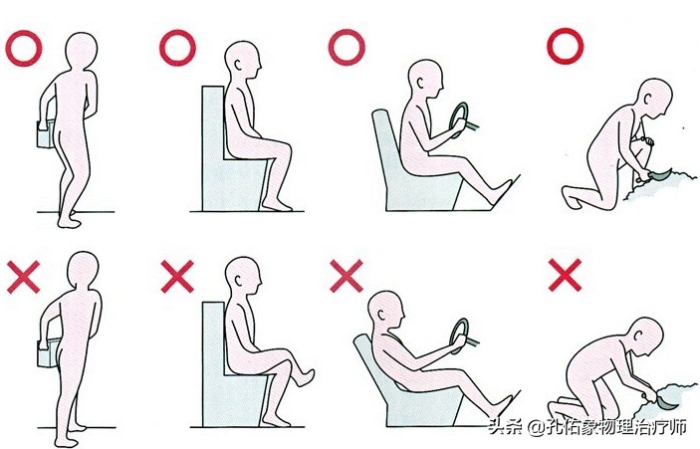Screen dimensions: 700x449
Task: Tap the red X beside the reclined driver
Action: tap(346, 277)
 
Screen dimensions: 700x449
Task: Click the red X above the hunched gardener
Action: tap(565, 275)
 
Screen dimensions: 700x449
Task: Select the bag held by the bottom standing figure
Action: tap(47, 352)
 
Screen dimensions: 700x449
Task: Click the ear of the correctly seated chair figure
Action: tap(238, 65)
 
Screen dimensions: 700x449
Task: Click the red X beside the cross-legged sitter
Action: tap(177, 277)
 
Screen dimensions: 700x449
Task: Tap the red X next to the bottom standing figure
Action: tap(23, 277)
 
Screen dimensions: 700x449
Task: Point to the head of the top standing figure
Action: tap(82, 51)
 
